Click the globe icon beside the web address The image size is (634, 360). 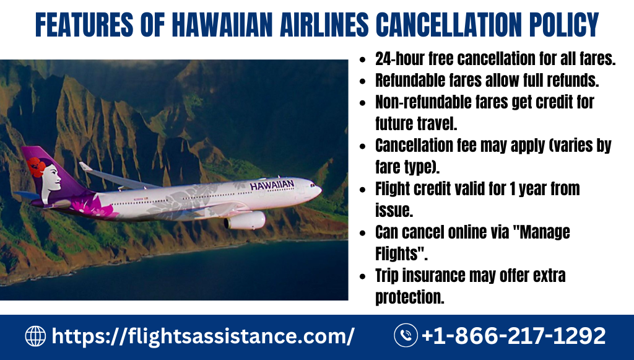[x=35, y=336]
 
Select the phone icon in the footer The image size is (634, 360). [x=406, y=335]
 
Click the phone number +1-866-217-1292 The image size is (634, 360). [x=513, y=336]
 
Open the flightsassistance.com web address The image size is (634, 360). [x=203, y=336]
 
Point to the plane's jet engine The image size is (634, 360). [x=245, y=221]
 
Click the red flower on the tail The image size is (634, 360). [x=37, y=167]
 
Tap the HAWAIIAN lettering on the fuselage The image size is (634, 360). [x=272, y=185]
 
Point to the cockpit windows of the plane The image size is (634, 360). [x=313, y=185]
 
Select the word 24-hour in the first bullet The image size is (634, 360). [x=399, y=59]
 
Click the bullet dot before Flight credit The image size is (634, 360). [x=363, y=190]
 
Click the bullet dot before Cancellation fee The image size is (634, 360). [x=363, y=146]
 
